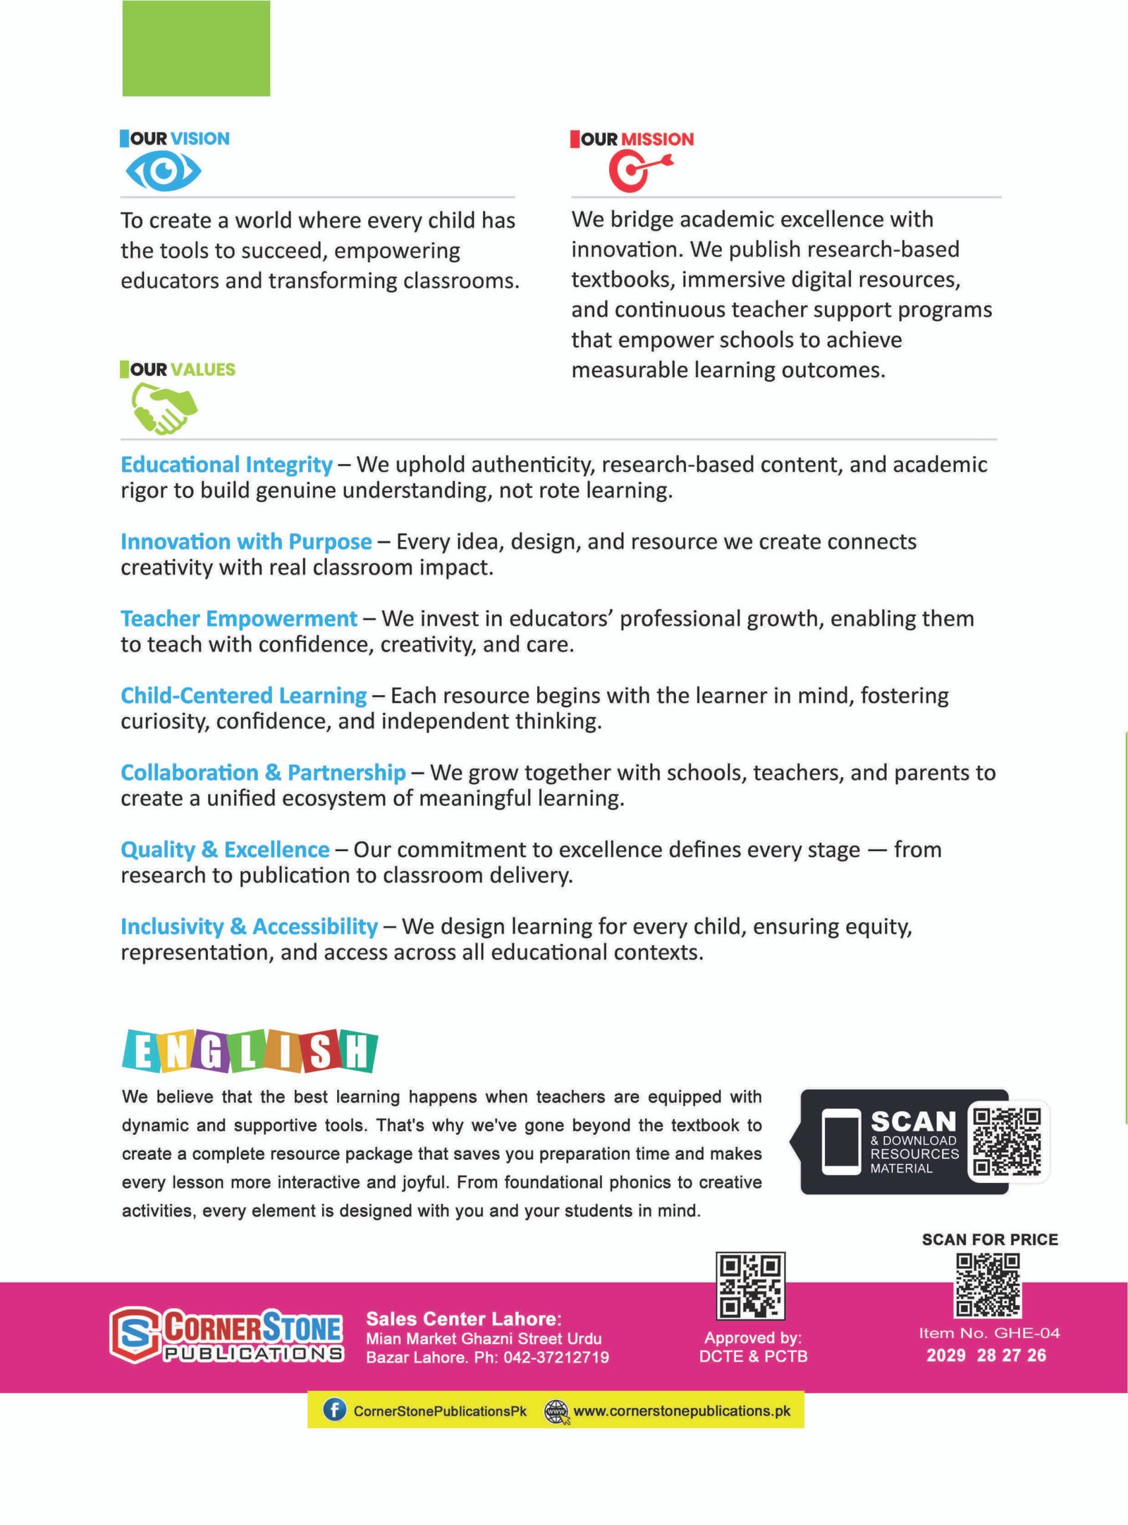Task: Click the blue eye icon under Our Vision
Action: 163,171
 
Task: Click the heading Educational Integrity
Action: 226,465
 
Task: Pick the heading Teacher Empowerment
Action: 239,618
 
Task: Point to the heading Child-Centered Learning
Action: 243,695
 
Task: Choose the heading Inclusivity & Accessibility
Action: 249,926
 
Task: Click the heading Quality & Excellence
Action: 225,850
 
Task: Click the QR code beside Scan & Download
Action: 1006,1141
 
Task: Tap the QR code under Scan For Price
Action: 987,1285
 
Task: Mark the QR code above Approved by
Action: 750,1285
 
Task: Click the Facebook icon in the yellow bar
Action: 334,1410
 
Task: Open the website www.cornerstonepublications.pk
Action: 681,1411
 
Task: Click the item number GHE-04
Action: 1026,1333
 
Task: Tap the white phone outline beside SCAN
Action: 841,1142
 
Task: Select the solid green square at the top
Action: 196,48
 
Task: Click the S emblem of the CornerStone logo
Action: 134,1335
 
